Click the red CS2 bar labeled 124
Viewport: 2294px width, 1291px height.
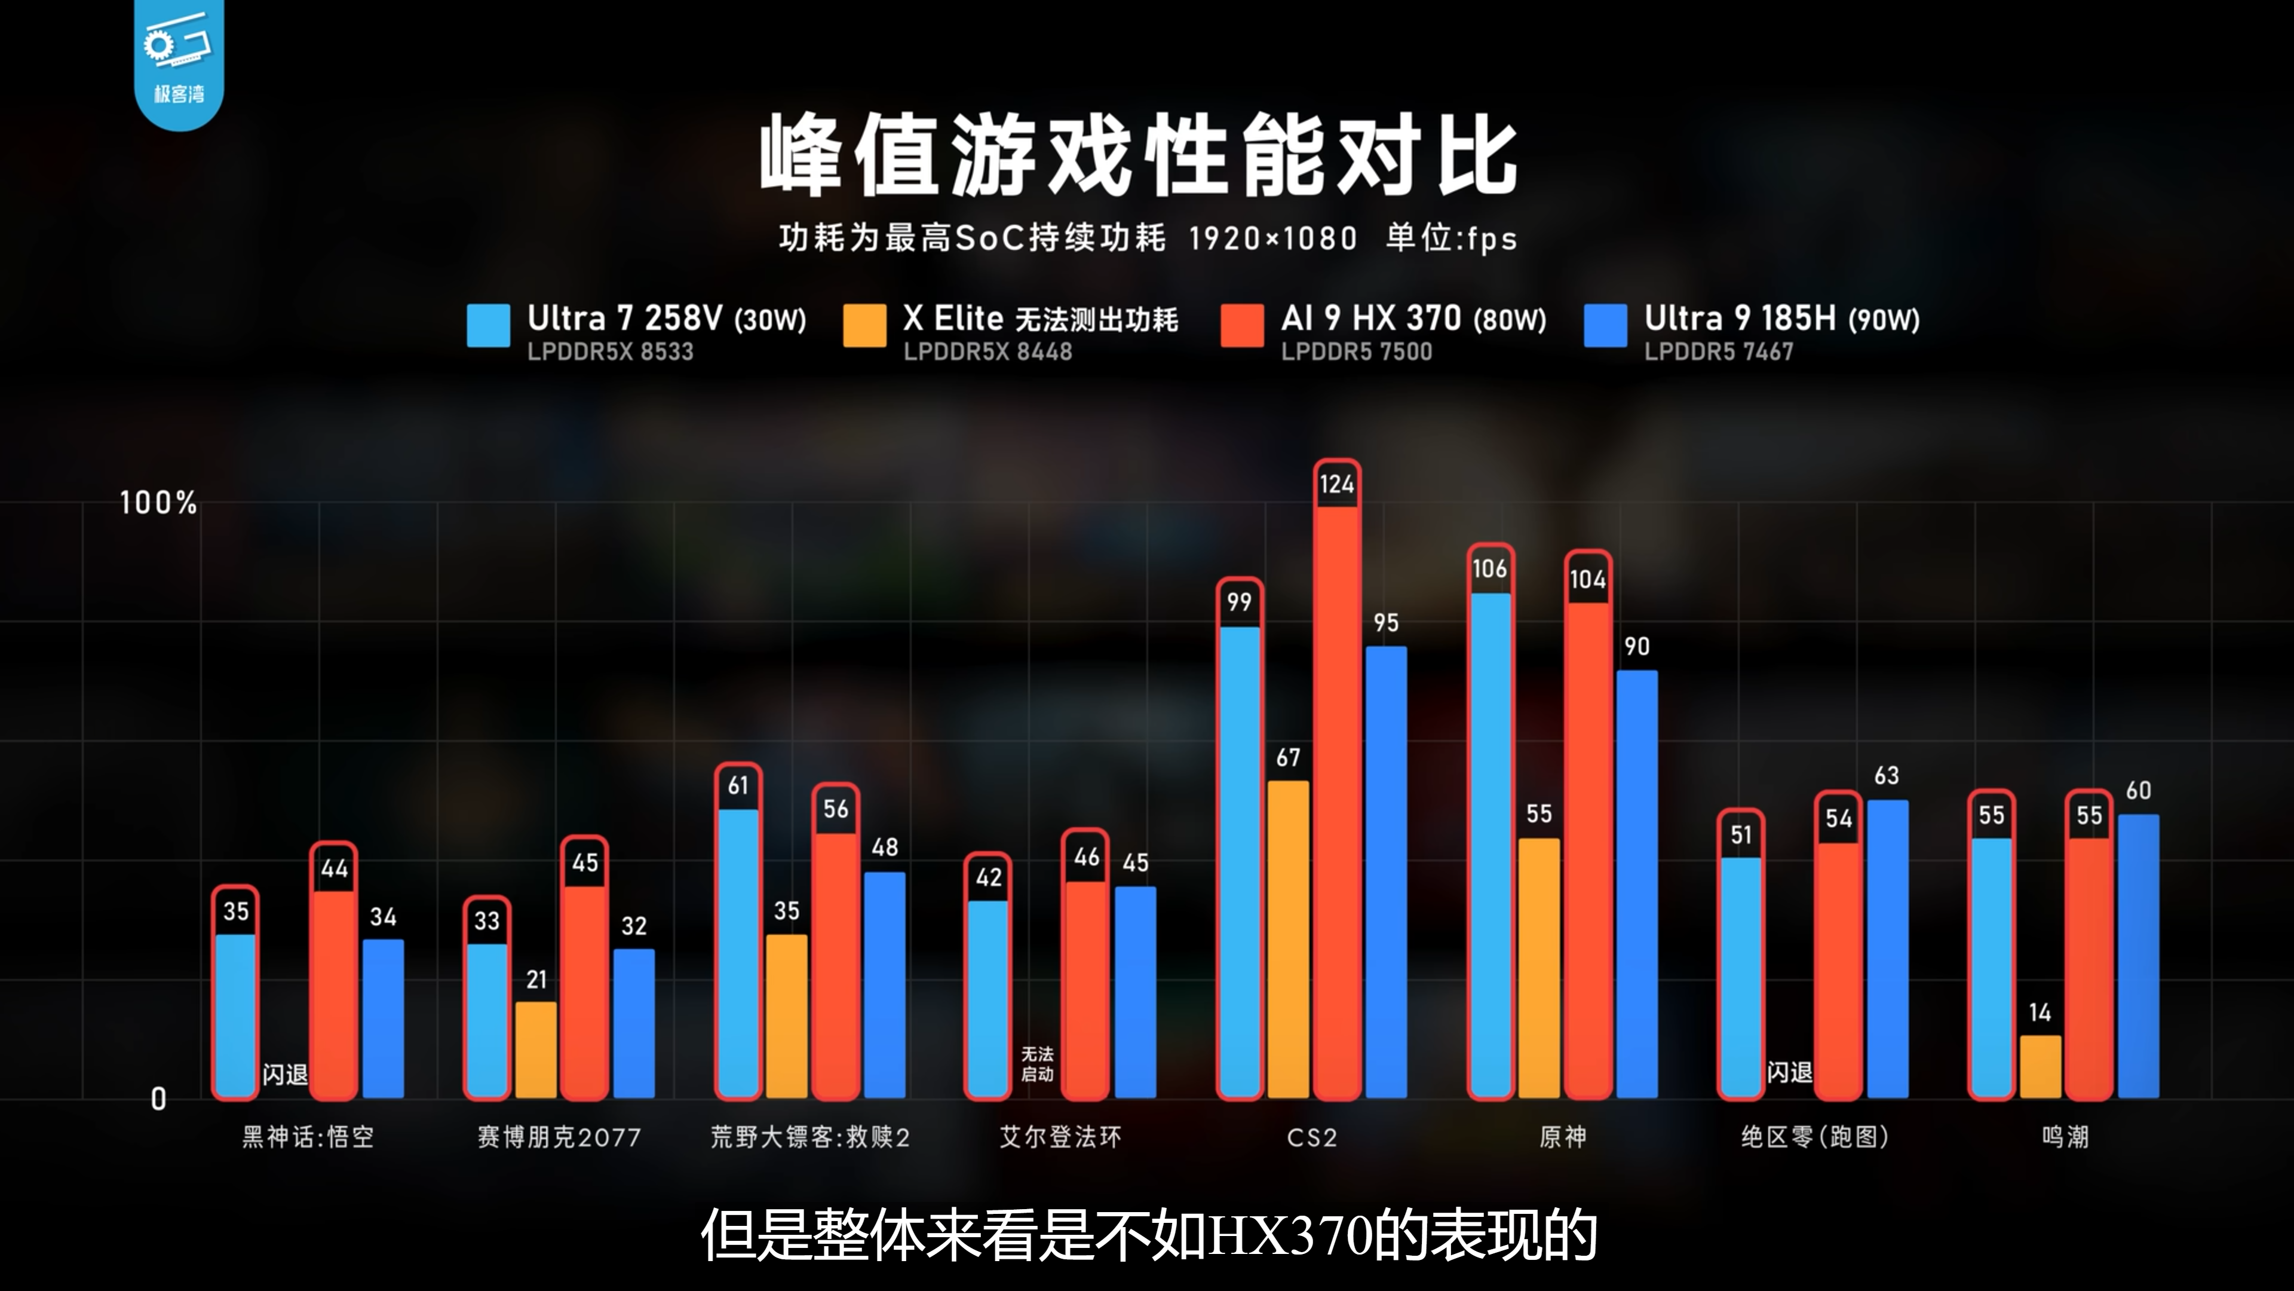point(1337,802)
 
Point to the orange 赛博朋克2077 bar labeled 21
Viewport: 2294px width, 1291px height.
point(535,1050)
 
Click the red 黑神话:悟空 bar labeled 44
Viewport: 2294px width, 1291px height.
point(334,993)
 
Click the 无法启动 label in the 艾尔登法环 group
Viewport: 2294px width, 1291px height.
point(1036,1064)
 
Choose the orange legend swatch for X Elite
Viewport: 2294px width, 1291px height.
point(864,325)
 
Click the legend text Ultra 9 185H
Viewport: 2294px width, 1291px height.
point(1739,318)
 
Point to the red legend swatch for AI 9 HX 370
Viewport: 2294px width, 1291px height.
point(1241,325)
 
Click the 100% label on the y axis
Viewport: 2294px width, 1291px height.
point(158,503)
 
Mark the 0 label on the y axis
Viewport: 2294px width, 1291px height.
point(158,1099)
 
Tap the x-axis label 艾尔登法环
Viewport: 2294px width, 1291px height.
point(1060,1137)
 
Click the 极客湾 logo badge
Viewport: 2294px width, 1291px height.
point(179,62)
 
